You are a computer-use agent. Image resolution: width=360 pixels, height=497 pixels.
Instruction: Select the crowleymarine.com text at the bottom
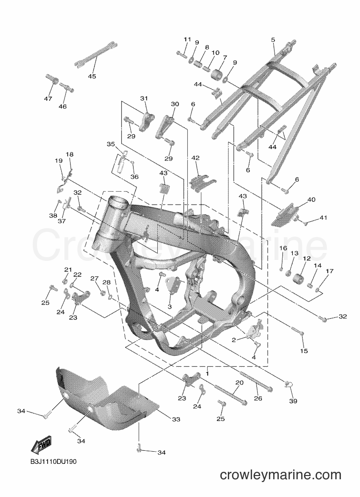(x=280, y=475)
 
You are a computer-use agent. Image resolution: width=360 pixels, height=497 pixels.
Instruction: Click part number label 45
(x=92, y=77)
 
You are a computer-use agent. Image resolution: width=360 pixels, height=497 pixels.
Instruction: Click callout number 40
(x=311, y=200)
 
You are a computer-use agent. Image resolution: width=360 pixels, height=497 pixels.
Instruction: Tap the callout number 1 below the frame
(x=207, y=373)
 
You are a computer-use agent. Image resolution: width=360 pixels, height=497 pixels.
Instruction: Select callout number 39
(x=293, y=401)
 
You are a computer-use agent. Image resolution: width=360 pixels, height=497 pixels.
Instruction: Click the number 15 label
(x=304, y=350)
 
